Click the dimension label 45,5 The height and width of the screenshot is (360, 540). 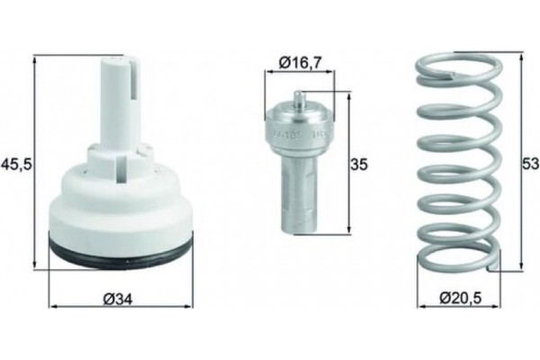click(x=15, y=164)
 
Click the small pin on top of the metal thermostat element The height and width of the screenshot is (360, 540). click(x=300, y=98)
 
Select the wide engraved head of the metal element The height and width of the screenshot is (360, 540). click(x=300, y=126)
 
